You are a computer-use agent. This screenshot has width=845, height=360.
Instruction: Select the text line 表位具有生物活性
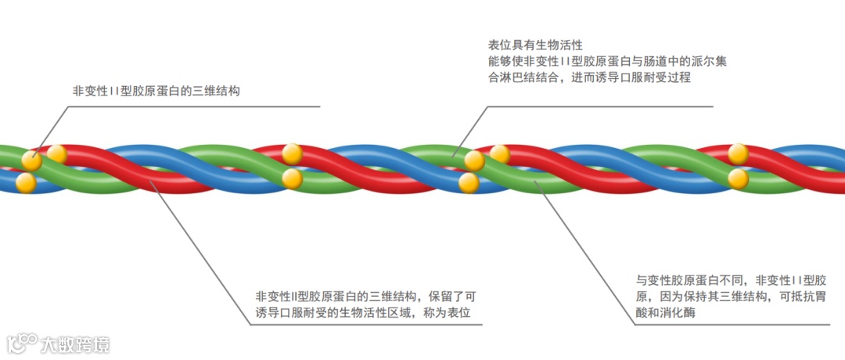click(535, 45)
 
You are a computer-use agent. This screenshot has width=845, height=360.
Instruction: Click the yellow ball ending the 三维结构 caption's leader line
click(31, 160)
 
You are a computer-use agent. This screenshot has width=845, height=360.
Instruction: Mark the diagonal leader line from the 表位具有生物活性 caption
click(467, 130)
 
